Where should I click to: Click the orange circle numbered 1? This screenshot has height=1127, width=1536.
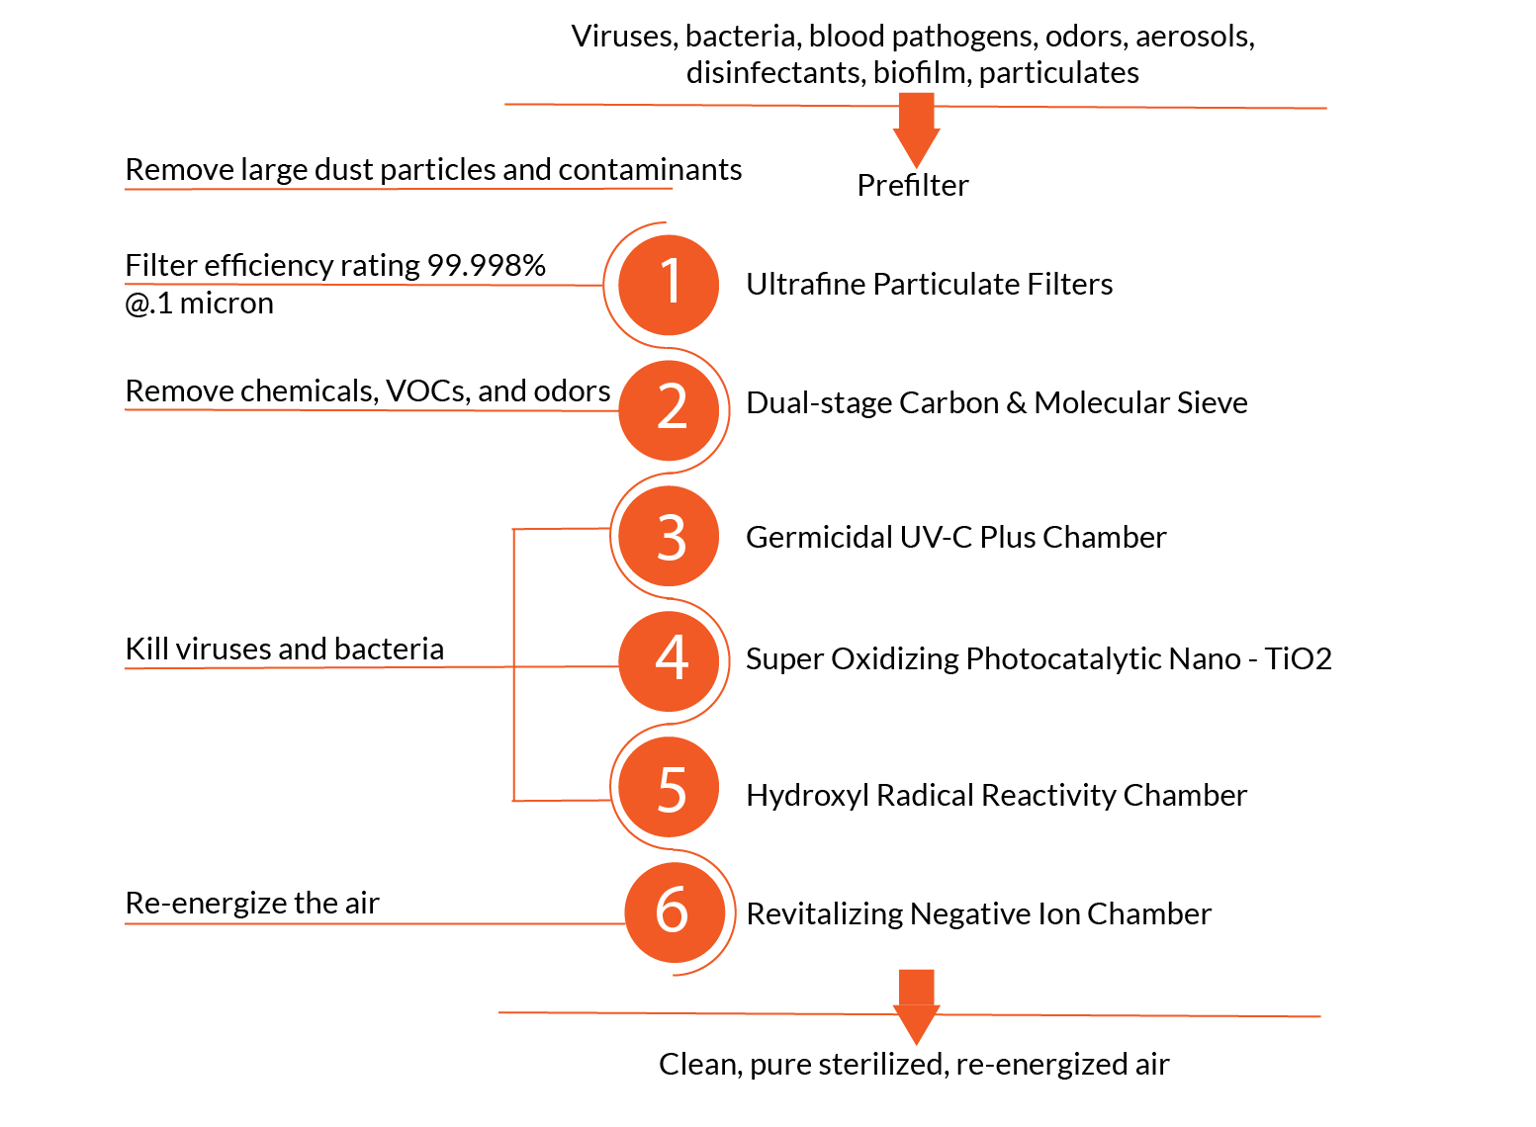coord(669,285)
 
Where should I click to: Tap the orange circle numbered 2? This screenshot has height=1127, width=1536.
coord(669,409)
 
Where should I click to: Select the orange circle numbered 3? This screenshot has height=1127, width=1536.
coord(669,537)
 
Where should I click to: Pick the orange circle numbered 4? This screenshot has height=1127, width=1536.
coord(669,660)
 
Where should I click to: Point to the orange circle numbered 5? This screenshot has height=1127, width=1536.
coord(669,788)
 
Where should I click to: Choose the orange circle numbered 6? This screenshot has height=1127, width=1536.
coord(673,911)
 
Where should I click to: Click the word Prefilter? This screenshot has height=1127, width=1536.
coord(912,186)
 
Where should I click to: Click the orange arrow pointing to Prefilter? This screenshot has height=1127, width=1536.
coord(916,130)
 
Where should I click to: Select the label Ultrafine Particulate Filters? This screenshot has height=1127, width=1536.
coord(929,285)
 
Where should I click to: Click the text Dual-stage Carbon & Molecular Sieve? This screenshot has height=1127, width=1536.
coord(996,403)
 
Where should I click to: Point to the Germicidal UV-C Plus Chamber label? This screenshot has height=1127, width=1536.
coord(955,538)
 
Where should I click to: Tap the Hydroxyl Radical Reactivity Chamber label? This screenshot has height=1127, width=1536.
coord(996,796)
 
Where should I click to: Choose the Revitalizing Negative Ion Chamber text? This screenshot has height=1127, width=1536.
coord(978,914)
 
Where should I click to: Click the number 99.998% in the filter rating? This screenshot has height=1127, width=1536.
coord(486,265)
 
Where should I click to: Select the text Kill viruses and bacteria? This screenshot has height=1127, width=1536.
coord(284,650)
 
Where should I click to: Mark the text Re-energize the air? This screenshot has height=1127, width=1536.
coord(252,904)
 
